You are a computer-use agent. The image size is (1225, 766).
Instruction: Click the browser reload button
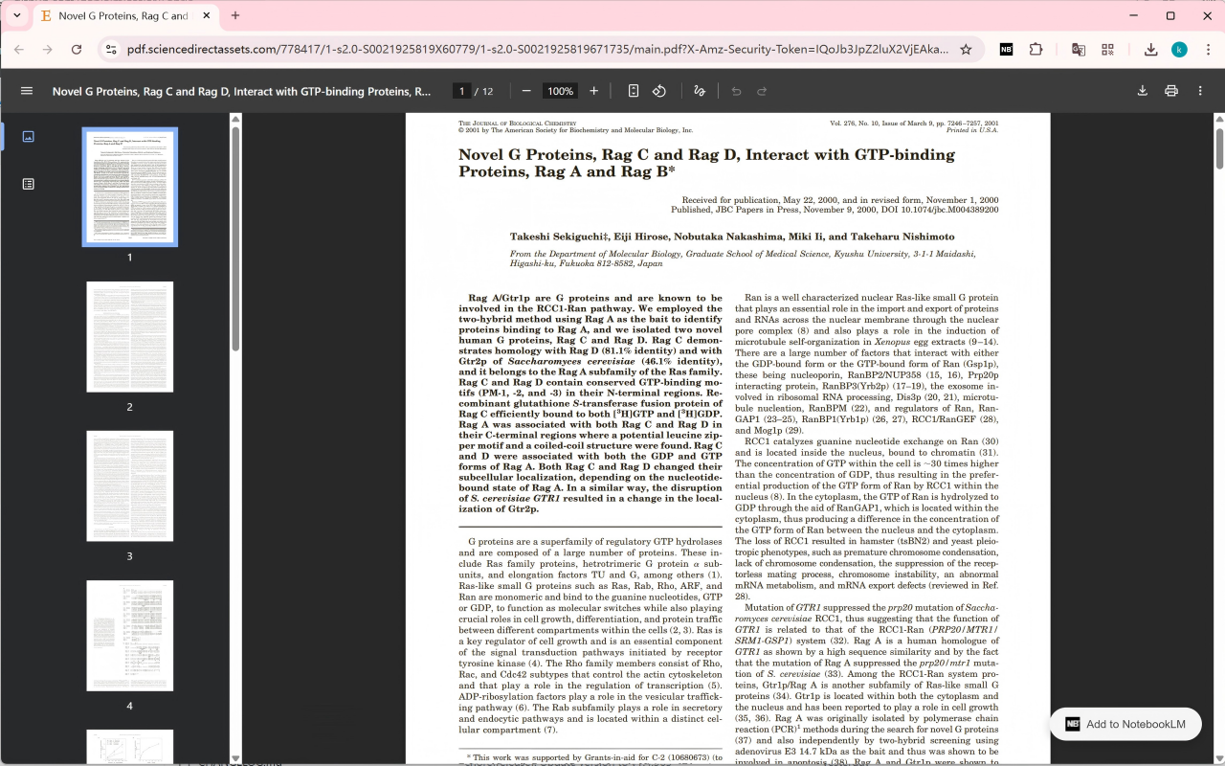[x=77, y=50]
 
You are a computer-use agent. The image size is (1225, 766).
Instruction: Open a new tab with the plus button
[x=235, y=15]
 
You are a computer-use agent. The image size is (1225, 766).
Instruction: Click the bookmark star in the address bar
[x=966, y=50]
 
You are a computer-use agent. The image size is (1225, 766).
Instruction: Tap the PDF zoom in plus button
[x=593, y=91]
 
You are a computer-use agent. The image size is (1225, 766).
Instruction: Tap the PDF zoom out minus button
[x=526, y=91]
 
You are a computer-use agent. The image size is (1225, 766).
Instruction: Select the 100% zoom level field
[x=560, y=91]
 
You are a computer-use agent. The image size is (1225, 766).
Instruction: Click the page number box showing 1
[x=462, y=91]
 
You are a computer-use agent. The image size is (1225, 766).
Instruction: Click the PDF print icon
[x=1170, y=91]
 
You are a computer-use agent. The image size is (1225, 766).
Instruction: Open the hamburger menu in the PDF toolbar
[x=27, y=91]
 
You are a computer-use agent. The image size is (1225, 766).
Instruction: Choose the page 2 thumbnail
[x=130, y=336]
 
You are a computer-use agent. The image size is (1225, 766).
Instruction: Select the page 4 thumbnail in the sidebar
[x=130, y=635]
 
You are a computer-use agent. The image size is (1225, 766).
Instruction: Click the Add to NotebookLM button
[x=1125, y=724]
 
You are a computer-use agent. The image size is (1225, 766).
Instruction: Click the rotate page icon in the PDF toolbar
[x=659, y=91]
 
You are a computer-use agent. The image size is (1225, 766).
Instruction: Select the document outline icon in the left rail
[x=28, y=184]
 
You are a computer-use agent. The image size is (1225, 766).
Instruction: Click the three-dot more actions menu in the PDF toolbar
[x=1200, y=91]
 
